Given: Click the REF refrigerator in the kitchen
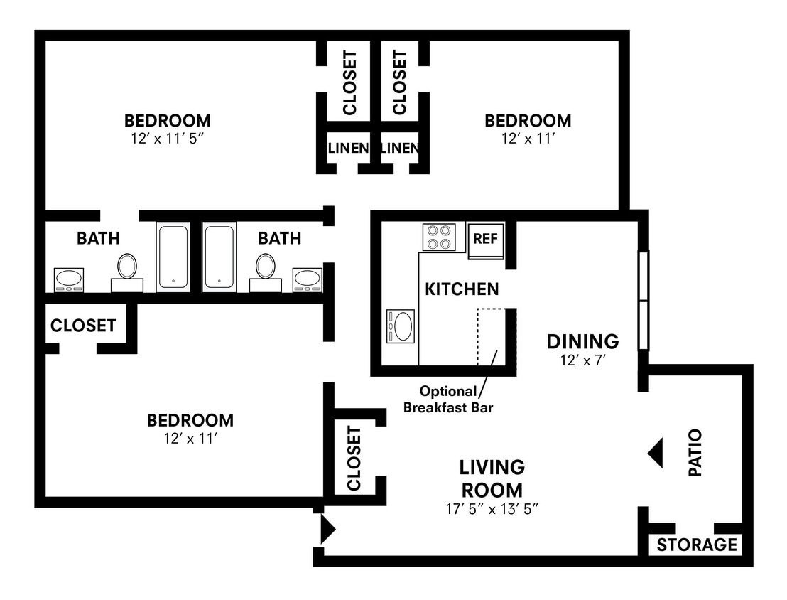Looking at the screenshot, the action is [x=485, y=241].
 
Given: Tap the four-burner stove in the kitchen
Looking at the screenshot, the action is [x=439, y=237].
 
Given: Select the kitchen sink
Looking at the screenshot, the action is [x=401, y=326].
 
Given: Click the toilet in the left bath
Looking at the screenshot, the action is [x=127, y=272].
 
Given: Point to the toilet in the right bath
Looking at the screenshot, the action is [x=266, y=272].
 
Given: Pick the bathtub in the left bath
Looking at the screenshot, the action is [x=173, y=257].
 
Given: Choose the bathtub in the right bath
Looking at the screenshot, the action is [x=220, y=257].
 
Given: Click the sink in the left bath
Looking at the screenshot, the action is [x=69, y=279].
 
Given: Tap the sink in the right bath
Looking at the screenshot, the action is [x=307, y=279].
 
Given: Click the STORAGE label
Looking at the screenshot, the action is [x=697, y=545].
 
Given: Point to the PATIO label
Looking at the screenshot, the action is [x=695, y=452].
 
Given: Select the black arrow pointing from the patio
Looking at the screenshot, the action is [x=656, y=453].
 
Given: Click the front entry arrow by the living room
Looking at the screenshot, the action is [x=327, y=529].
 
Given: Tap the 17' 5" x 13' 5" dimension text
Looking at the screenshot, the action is [x=492, y=509].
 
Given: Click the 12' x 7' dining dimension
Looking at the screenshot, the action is [x=583, y=360].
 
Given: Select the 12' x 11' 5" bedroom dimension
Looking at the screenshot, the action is [x=168, y=138].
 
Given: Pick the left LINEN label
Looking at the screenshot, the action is [x=348, y=148].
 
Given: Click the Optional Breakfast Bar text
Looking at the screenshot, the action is [x=448, y=399].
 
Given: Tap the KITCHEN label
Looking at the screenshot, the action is [x=462, y=289].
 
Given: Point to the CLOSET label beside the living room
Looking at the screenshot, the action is [x=354, y=459].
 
